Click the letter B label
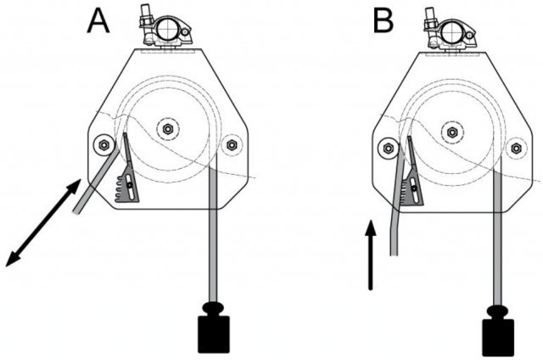(x=383, y=21)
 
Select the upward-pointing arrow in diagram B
(x=370, y=255)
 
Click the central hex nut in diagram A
(x=168, y=129)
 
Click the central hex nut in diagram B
(x=451, y=132)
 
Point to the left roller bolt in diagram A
(x=104, y=144)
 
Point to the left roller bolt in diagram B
(x=388, y=147)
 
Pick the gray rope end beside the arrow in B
(x=392, y=233)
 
